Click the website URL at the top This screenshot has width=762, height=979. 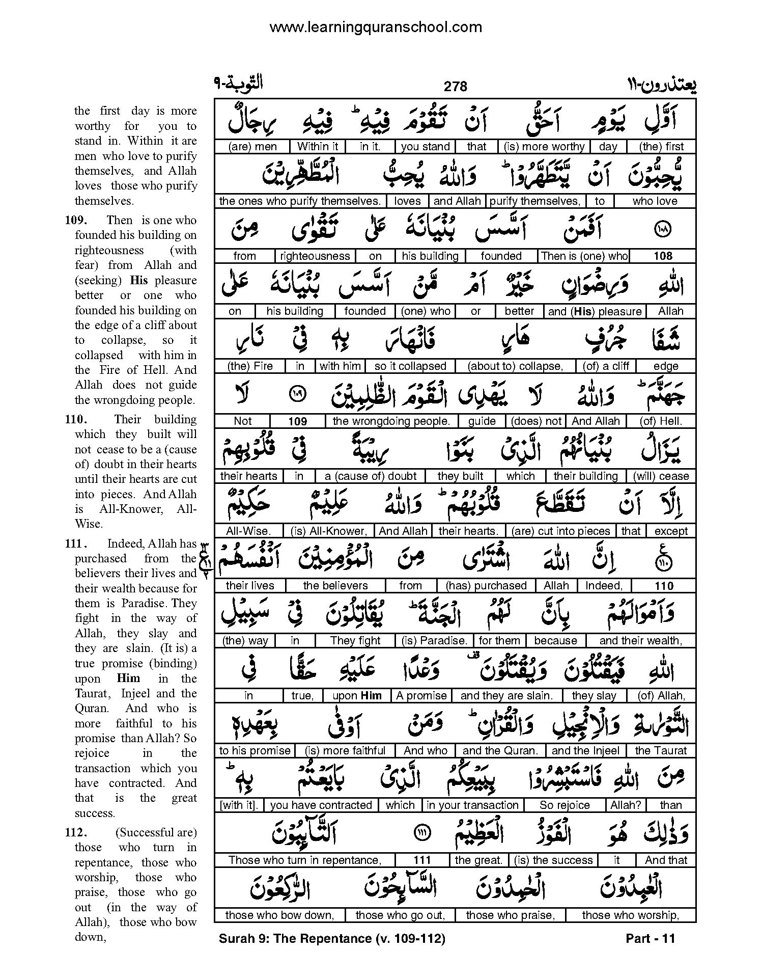pyautogui.click(x=375, y=27)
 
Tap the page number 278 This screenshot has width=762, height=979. pyautogui.click(x=455, y=87)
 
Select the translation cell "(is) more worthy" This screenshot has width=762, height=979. pyautogui.click(x=544, y=147)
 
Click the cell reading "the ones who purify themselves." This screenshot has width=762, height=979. pyautogui.click(x=299, y=201)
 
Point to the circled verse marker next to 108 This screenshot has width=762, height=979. pyautogui.click(x=664, y=230)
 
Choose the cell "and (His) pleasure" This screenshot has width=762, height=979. pyautogui.click(x=595, y=311)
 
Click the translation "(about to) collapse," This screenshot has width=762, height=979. pyautogui.click(x=515, y=366)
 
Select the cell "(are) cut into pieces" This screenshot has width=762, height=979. pyautogui.click(x=560, y=531)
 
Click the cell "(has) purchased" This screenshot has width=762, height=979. pyautogui.click(x=486, y=586)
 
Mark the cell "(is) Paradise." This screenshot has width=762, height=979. pyautogui.click(x=434, y=641)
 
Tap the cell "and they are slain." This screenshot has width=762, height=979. pyautogui.click(x=506, y=696)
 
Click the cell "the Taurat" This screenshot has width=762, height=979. pyautogui.click(x=660, y=751)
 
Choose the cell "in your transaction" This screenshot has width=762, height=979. pyautogui.click(x=472, y=805)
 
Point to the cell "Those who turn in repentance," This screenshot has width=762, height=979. pyautogui.click(x=304, y=860)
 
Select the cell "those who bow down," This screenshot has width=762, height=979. pyautogui.click(x=279, y=915)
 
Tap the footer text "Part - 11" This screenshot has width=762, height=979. pyautogui.click(x=650, y=938)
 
